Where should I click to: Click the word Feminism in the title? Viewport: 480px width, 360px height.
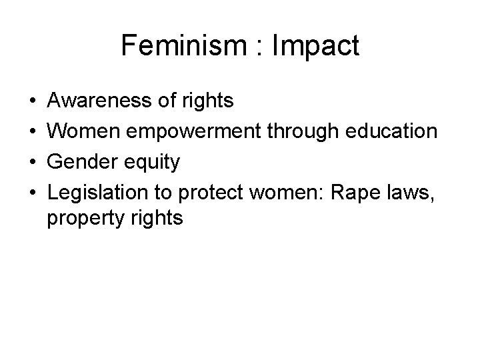tap(171, 46)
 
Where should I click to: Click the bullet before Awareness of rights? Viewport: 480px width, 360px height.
tap(33, 101)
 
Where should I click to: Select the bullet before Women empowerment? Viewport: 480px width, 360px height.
tap(33, 131)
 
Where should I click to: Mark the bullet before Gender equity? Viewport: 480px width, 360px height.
tap(33, 161)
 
